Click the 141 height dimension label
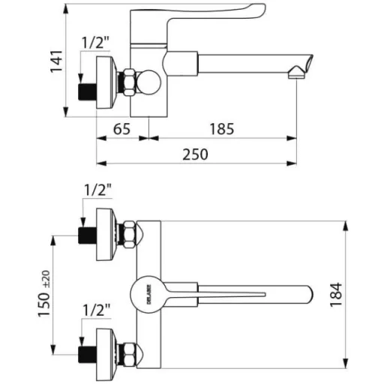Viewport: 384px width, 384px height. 56,61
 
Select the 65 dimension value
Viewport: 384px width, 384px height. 121,129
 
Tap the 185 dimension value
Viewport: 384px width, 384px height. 222,129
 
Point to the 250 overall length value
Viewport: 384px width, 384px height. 195,154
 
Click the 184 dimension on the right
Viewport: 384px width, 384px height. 336,295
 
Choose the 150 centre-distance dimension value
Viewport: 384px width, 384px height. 44,304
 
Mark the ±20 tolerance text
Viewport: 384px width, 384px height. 46,279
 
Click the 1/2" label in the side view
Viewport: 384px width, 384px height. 96,43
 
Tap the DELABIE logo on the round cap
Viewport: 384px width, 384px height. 148,294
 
